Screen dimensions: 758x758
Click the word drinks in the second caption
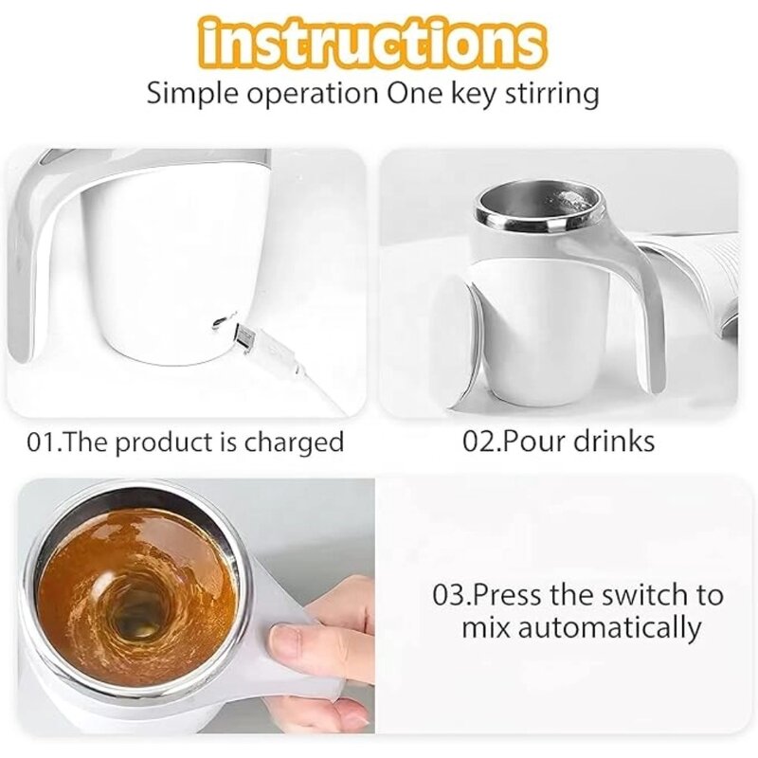(616, 441)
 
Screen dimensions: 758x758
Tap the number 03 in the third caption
(450, 595)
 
